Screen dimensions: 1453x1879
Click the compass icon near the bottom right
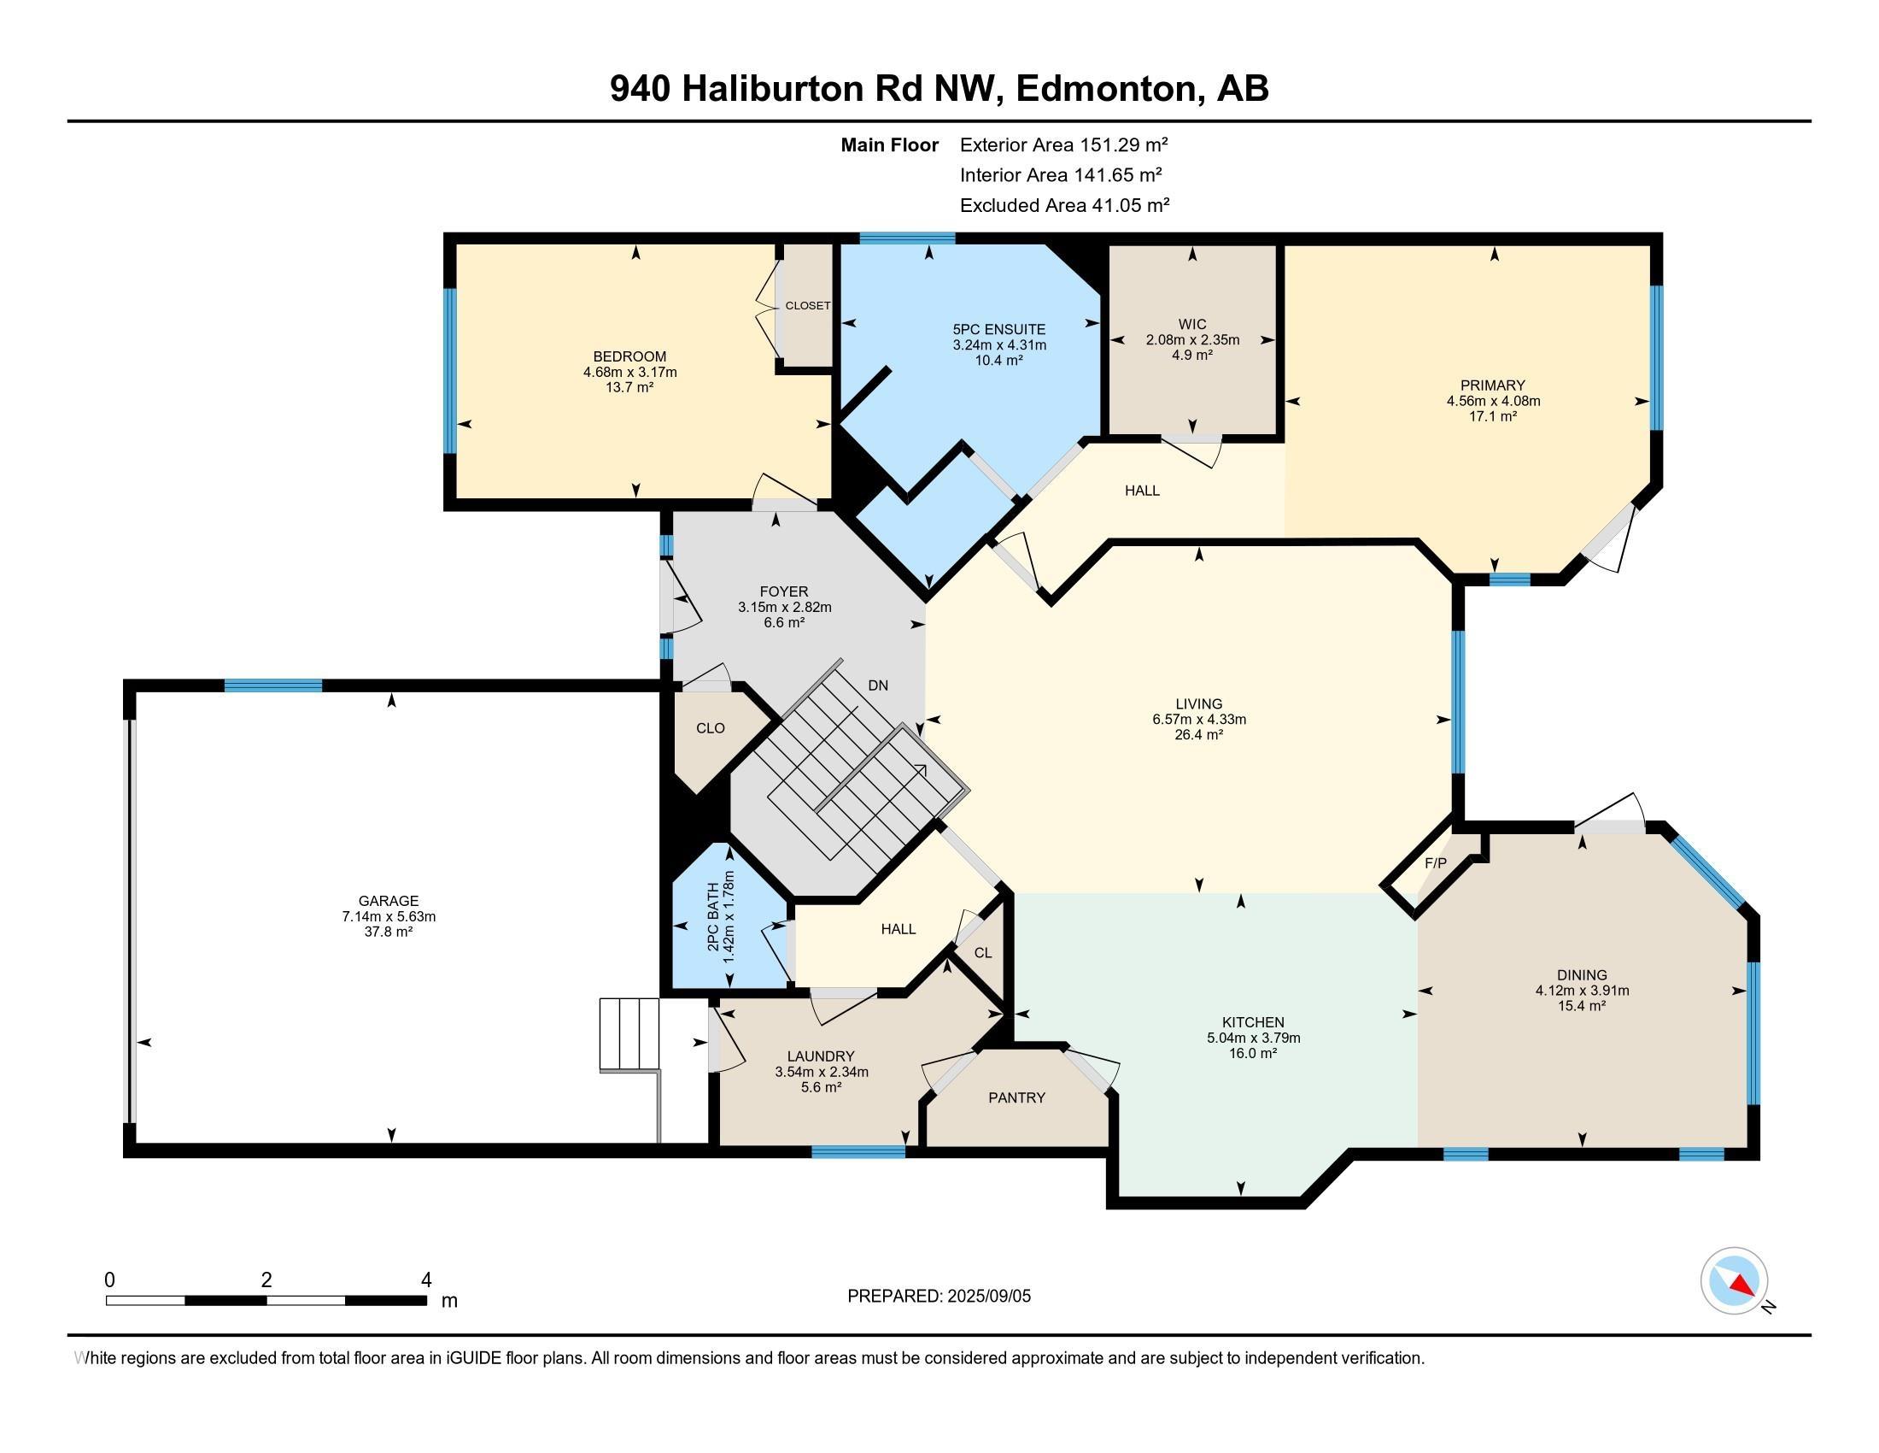1734,1281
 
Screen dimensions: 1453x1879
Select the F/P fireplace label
1435,863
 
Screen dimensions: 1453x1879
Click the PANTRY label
1016,1097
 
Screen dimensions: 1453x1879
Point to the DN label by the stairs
877,686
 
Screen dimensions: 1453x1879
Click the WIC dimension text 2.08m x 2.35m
1191,340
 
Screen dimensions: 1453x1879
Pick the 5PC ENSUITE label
999,330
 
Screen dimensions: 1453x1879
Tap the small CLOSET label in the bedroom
808,306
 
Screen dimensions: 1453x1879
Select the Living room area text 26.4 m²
1198,735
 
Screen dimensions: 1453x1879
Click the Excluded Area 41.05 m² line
1064,205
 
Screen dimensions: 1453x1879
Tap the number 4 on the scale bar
426,1280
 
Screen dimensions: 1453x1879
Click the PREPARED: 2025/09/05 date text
939,1297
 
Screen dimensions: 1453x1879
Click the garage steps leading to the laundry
629,1035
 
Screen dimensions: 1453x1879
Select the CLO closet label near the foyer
710,728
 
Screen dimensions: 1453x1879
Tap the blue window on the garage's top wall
272,686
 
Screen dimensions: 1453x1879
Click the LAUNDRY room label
821,1056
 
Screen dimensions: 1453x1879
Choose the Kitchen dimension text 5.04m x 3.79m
1253,1038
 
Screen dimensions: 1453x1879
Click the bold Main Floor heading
889,145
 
